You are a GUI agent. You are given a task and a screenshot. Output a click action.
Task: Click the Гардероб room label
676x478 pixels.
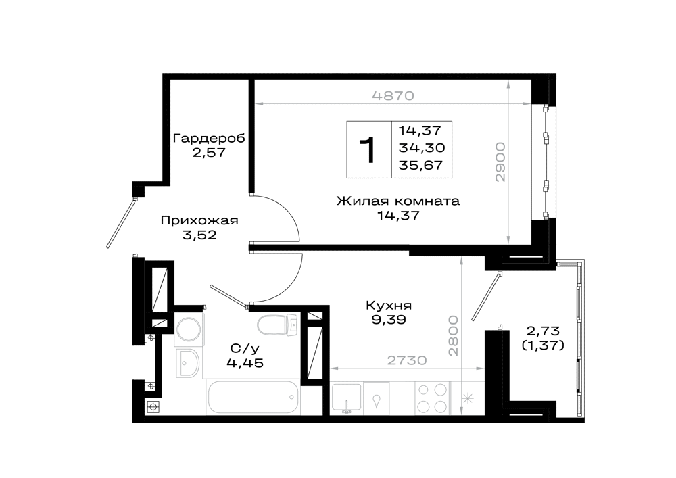point(209,139)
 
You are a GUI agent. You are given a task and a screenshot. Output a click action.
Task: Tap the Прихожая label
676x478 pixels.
point(199,220)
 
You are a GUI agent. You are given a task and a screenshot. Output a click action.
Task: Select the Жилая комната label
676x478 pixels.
point(398,201)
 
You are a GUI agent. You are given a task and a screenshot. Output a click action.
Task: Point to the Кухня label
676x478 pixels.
point(389,306)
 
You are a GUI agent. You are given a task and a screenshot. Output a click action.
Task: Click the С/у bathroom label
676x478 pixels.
point(245,348)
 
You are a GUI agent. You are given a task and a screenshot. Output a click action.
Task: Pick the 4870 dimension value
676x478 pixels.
point(393,96)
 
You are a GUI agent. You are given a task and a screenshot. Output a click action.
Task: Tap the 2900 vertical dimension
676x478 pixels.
point(500,162)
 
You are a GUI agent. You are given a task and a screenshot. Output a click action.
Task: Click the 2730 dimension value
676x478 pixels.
point(406,360)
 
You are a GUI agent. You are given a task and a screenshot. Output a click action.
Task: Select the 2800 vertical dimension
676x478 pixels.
point(453,335)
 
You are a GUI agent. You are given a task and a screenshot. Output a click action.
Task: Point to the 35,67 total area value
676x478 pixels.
point(420,166)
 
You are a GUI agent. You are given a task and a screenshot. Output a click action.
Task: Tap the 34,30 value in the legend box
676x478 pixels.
point(422,148)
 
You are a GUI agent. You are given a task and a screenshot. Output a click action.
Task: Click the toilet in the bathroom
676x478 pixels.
point(278,325)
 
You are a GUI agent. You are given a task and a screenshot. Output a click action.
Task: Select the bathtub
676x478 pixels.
point(253,397)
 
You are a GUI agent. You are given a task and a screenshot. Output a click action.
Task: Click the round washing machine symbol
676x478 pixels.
point(189,330)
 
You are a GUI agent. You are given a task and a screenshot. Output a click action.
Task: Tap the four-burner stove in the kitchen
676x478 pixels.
point(433,398)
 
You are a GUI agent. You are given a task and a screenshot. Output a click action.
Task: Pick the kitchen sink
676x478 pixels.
point(346,398)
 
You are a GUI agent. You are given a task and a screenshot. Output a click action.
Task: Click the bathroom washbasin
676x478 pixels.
point(187,363)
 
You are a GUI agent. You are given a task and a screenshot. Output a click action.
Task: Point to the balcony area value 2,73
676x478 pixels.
point(543,331)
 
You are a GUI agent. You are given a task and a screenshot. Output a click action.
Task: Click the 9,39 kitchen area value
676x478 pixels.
point(389,320)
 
